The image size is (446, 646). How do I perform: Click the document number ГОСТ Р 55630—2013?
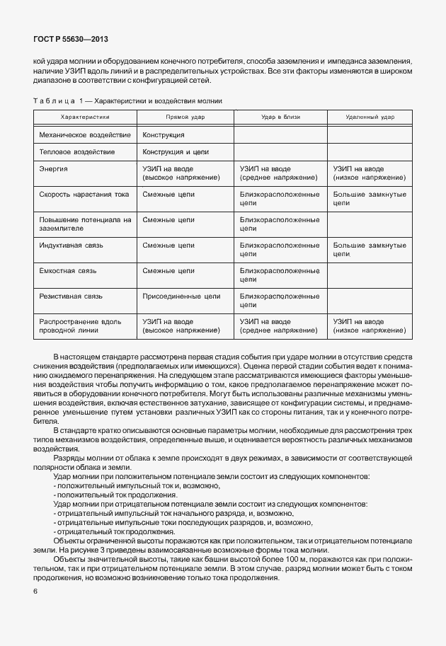[71, 40]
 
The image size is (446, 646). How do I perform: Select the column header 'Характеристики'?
[85, 117]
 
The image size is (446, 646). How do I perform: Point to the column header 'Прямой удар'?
[185, 117]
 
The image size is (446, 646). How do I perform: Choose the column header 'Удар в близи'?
[280, 117]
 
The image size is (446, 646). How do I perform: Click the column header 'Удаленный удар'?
[370, 117]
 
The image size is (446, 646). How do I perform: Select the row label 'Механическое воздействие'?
[85, 134]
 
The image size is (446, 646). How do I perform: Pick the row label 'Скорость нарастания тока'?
[84, 194]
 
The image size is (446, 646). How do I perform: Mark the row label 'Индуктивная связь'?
[72, 245]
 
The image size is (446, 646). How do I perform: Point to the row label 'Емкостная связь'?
[68, 270]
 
